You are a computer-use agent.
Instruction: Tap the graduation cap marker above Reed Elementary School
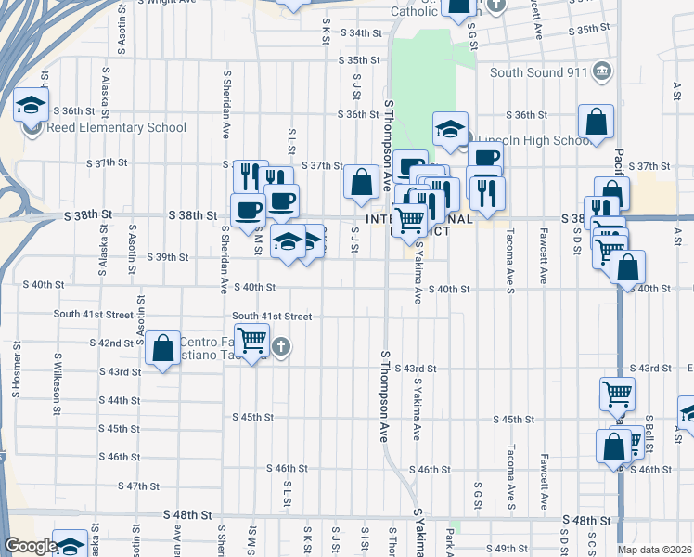coord(31,104)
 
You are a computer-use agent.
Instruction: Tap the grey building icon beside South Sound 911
coord(603,71)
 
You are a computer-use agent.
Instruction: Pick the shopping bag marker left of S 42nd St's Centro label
coord(162,350)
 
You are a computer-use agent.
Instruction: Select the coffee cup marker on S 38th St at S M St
coord(248,210)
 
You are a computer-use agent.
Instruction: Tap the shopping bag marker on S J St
coord(361,183)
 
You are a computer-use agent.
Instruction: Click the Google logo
coord(31,546)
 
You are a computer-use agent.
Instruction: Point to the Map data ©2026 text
coord(655,550)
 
